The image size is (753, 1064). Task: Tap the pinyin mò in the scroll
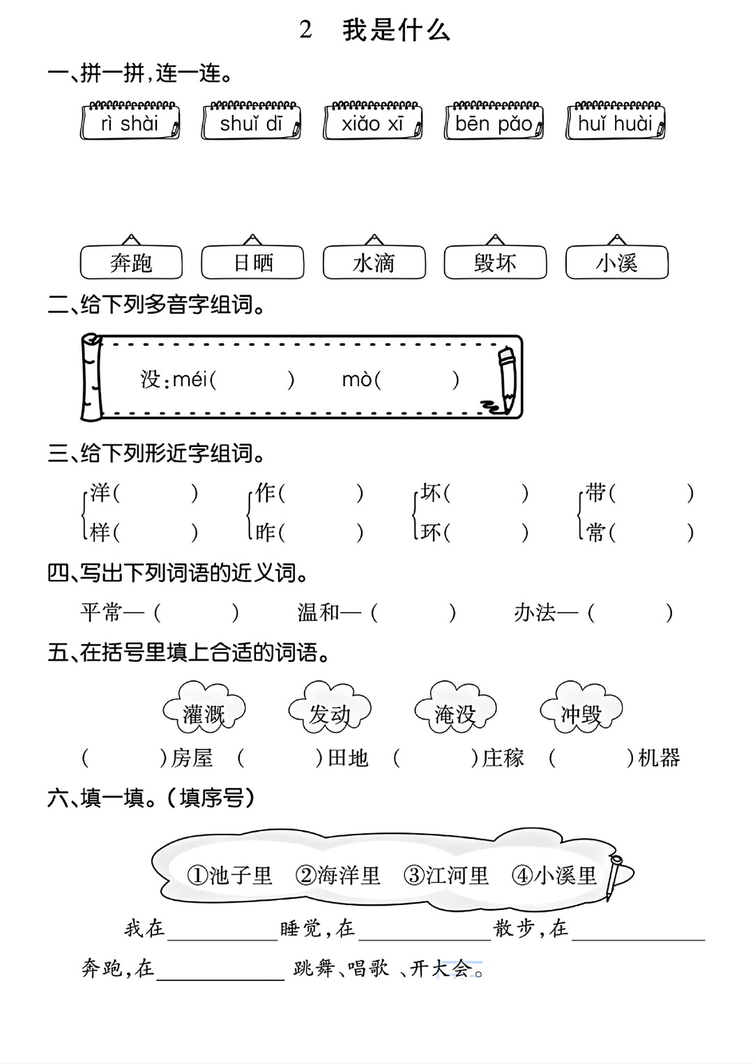click(357, 379)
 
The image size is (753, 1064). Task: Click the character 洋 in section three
click(100, 492)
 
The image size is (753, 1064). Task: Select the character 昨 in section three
click(265, 533)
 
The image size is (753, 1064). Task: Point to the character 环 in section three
click(430, 533)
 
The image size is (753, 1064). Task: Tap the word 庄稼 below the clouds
click(503, 758)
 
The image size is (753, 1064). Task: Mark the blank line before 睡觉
click(222, 940)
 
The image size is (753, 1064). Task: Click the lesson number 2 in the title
click(306, 30)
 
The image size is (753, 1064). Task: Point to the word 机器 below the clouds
click(659, 758)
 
